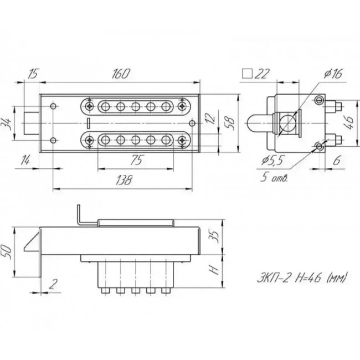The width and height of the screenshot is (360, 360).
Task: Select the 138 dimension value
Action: pyautogui.click(x=125, y=179)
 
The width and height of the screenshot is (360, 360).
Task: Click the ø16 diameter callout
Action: pyautogui.click(x=330, y=74)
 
